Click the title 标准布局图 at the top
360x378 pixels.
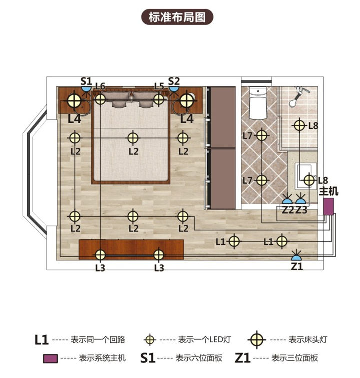coord(177,17)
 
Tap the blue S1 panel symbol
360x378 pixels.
coord(86,89)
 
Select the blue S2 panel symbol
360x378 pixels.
coord(174,89)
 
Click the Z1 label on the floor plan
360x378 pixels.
coord(297,266)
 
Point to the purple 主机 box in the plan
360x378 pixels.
coord(328,206)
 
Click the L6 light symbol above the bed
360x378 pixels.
coord(100,99)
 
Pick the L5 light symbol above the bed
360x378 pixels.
coord(159,99)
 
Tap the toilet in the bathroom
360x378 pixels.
coord(258,103)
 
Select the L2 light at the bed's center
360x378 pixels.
coord(133,138)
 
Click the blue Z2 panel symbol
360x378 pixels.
coord(287,201)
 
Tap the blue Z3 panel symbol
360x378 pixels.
coord(301,201)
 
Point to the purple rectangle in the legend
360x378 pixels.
coord(50,358)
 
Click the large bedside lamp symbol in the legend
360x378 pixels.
coord(257,340)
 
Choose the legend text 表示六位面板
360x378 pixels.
coord(199,358)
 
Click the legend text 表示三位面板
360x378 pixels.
coord(295,358)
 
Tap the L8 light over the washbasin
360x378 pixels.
coord(309,180)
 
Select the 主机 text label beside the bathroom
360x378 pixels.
coord(328,191)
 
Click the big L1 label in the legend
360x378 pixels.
coord(42,340)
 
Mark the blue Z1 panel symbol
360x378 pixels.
coord(296,257)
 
